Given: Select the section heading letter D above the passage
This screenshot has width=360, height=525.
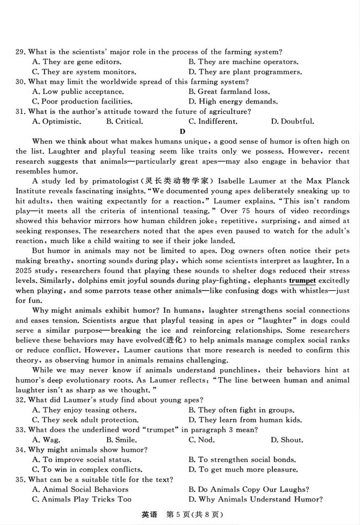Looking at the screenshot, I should point(182,131).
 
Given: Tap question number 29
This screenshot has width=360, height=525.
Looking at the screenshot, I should point(21,52).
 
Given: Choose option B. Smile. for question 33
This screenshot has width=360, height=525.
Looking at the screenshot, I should point(122,439).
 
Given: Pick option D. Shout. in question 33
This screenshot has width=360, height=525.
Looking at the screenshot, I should point(287,439).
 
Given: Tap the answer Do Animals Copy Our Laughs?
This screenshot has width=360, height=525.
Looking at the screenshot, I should point(249,489).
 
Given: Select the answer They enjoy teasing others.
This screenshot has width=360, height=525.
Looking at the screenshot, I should point(85,410).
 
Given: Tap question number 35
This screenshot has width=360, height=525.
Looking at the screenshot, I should point(21,479).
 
